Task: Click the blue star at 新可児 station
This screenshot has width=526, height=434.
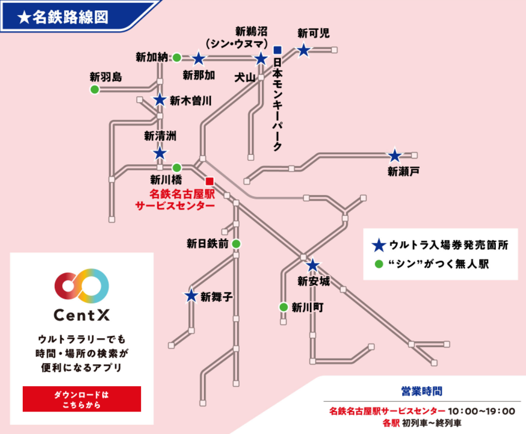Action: [303, 50]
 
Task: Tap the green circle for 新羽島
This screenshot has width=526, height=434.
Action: [94, 89]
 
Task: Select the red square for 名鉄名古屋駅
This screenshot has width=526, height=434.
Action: [209, 181]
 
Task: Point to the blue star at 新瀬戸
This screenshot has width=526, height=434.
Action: [394, 156]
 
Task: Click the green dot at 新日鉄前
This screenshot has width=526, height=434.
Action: [236, 243]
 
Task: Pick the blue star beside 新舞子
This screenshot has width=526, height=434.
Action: [191, 295]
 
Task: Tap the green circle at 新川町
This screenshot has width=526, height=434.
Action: [283, 307]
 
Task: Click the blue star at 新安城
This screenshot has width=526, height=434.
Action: [312, 265]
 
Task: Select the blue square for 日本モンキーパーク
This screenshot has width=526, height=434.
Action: [277, 50]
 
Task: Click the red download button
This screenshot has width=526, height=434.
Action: [82, 398]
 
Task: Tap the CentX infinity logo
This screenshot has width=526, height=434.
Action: [82, 286]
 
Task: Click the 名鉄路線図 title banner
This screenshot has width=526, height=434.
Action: [69, 17]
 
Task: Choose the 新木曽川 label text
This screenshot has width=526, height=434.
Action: [190, 101]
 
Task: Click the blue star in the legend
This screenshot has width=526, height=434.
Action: [378, 244]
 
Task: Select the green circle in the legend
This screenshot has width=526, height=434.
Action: [378, 263]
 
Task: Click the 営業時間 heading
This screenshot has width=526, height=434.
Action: [421, 391]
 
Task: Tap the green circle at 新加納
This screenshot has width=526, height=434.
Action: [177, 58]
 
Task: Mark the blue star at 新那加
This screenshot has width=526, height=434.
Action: [198, 59]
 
